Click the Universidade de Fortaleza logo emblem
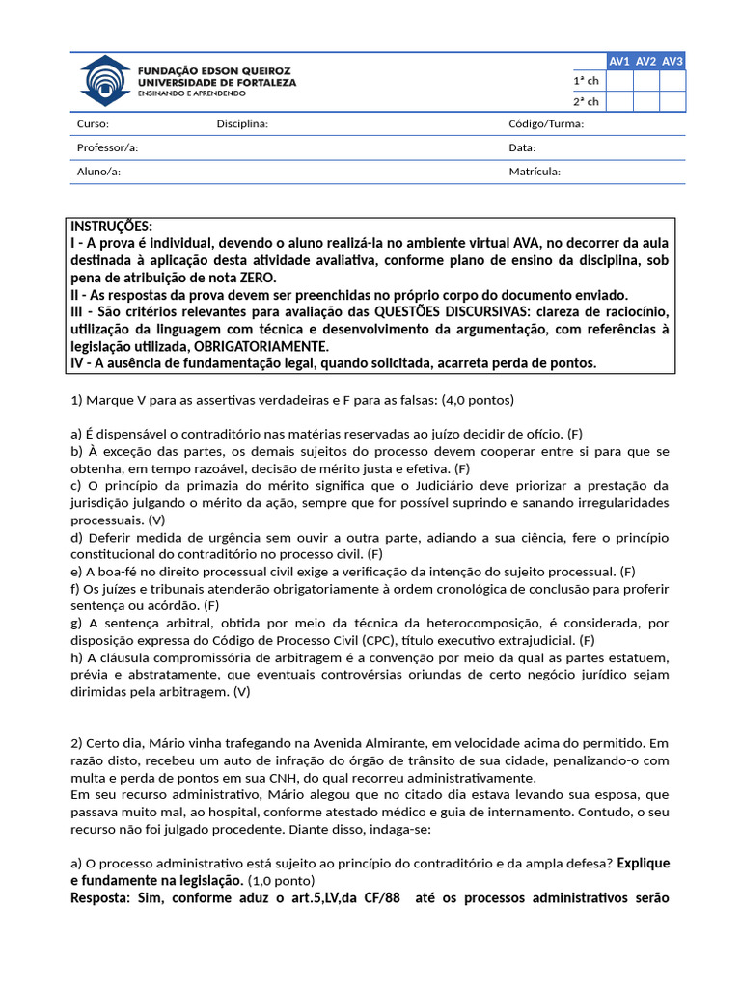(103, 81)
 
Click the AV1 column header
(619, 61)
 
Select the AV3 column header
(672, 61)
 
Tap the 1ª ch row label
(586, 81)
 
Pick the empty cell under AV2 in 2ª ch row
(646, 101)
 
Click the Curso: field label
(93, 124)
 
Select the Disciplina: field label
(242, 124)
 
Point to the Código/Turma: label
(546, 124)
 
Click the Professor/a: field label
(107, 147)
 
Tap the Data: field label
(522, 147)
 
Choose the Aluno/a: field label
(98, 172)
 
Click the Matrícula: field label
(535, 172)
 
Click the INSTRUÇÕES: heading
(111, 226)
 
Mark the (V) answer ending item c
(157, 519)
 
